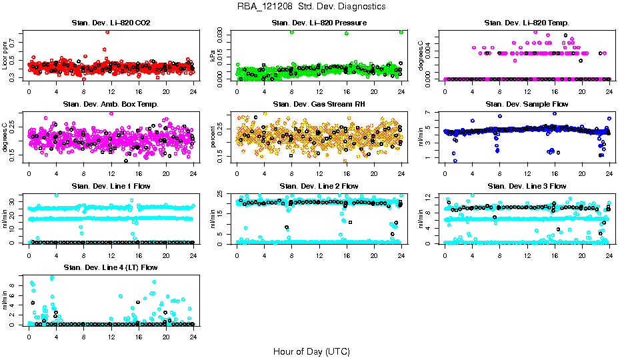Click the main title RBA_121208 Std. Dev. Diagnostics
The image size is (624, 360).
click(311, 7)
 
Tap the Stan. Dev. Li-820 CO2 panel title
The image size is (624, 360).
click(111, 23)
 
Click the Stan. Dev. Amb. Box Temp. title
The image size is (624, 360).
click(111, 105)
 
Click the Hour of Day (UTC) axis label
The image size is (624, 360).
click(311, 351)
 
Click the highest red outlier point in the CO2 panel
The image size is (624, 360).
click(107, 31)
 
